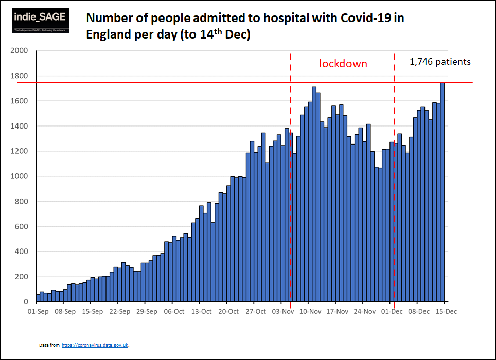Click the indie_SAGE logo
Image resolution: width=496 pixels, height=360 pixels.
[40, 21]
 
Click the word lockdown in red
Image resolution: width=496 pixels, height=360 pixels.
[343, 64]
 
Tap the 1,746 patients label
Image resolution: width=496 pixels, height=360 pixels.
[440, 62]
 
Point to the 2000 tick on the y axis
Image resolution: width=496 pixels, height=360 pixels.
[20, 51]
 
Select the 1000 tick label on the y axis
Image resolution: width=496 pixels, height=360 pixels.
[20, 176]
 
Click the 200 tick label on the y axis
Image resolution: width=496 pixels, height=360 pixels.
[22, 277]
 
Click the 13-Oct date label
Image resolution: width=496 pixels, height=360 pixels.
[201, 311]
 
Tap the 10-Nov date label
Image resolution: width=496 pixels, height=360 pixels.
[310, 311]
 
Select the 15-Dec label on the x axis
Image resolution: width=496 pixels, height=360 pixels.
[446, 311]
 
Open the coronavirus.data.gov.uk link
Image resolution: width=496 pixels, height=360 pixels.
[95, 345]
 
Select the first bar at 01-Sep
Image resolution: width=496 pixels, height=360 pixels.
[38, 298]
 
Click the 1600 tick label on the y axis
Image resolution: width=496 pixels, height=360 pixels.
[20, 101]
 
